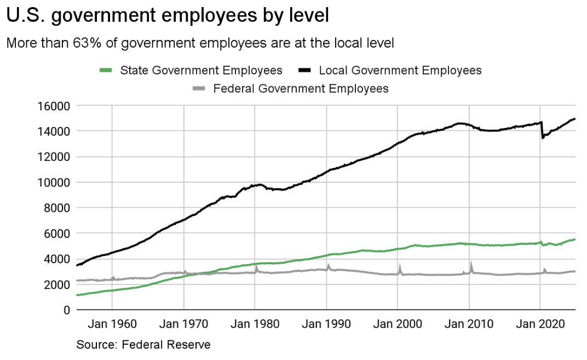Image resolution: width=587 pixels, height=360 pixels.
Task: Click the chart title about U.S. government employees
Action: coord(168,16)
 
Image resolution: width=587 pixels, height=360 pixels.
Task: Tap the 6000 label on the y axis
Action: coord(57,233)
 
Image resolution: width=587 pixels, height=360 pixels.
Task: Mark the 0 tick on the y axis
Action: coord(66,310)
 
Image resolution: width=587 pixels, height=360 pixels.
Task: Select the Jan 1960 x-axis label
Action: coord(113,324)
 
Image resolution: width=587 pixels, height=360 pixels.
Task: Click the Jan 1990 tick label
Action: coord(326,324)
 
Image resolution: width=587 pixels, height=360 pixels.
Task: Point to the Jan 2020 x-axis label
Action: coord(540,324)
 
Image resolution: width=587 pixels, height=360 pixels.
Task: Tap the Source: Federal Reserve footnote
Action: coord(143,345)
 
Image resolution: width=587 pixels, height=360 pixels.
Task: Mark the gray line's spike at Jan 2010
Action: coord(470,264)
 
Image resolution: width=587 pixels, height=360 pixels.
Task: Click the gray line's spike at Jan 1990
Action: coord(328,266)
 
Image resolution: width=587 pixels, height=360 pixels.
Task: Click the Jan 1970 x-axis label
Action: coord(184,324)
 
